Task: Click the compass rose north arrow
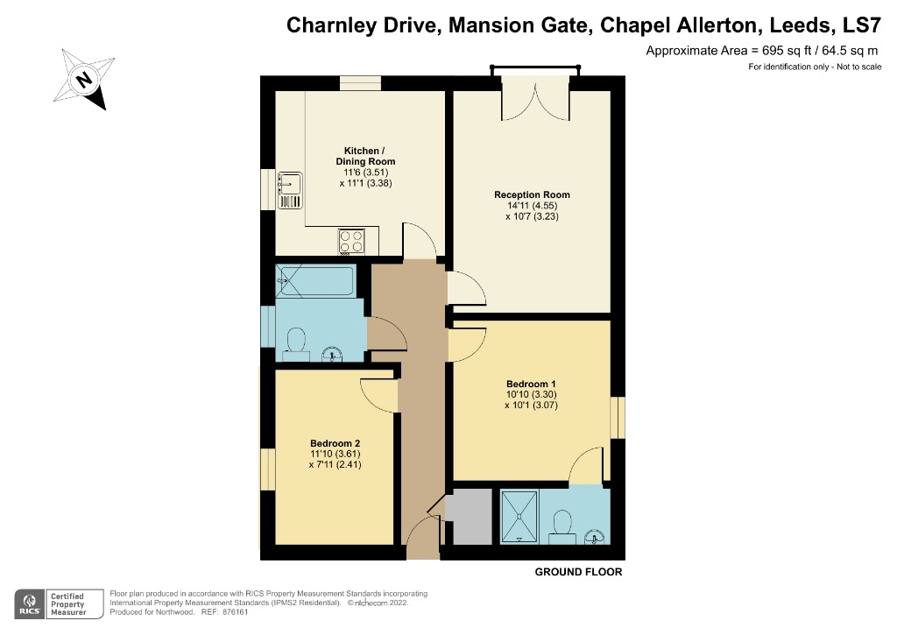[85, 80]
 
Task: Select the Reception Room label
[532, 194]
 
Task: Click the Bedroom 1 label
[531, 384]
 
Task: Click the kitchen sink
[289, 185]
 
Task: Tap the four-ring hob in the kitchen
[353, 240]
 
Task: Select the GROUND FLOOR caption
[578, 572]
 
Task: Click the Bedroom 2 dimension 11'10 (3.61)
[335, 454]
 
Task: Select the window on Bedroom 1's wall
[618, 418]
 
